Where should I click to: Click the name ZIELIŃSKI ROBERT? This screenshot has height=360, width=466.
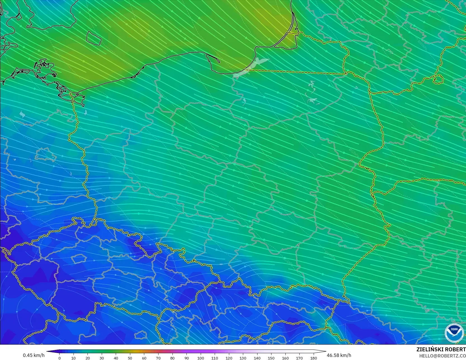(x=441, y=349)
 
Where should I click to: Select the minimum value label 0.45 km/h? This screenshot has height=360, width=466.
(x=34, y=355)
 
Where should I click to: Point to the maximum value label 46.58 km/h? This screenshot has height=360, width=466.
(x=339, y=355)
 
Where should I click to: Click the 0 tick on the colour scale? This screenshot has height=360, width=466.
(x=60, y=358)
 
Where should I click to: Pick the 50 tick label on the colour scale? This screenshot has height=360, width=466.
(x=130, y=358)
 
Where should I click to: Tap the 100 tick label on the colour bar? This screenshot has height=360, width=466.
(x=201, y=358)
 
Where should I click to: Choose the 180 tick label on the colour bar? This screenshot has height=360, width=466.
(x=314, y=358)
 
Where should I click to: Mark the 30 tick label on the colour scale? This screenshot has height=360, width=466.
(x=102, y=358)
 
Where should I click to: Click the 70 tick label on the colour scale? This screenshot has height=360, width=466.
(x=158, y=358)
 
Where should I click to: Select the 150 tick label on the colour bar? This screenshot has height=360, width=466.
(x=271, y=358)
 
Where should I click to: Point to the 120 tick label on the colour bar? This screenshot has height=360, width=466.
(x=229, y=358)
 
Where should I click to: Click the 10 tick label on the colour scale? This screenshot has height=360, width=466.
(x=74, y=358)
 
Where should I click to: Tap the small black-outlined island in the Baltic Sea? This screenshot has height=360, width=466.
(x=93, y=38)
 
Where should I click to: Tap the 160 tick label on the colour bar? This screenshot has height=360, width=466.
(x=285, y=358)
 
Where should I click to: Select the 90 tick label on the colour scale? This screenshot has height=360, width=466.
(x=186, y=358)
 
